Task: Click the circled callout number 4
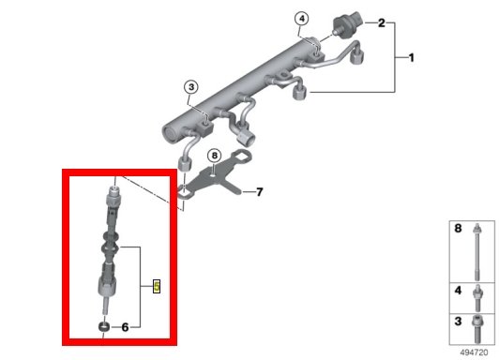pos(302,19)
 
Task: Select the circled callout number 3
pos(191,87)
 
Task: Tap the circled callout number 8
pos(214,156)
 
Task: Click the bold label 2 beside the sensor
pos(381,22)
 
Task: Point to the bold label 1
pos(411,57)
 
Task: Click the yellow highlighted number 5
pos(157,286)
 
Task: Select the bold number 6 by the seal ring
pos(125,327)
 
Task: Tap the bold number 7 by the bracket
pos(260,192)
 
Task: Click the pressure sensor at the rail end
pos(346,23)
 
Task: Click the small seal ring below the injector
pos(103,326)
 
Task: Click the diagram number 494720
pos(474,352)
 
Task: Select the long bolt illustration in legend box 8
pos(476,251)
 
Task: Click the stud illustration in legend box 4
pos(477,298)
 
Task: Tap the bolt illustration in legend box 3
pos(477,329)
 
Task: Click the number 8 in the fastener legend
pos(458,228)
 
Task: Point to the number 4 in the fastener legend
pos(458,290)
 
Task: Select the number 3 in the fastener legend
pos(458,321)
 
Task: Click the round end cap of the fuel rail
pos(171,134)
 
